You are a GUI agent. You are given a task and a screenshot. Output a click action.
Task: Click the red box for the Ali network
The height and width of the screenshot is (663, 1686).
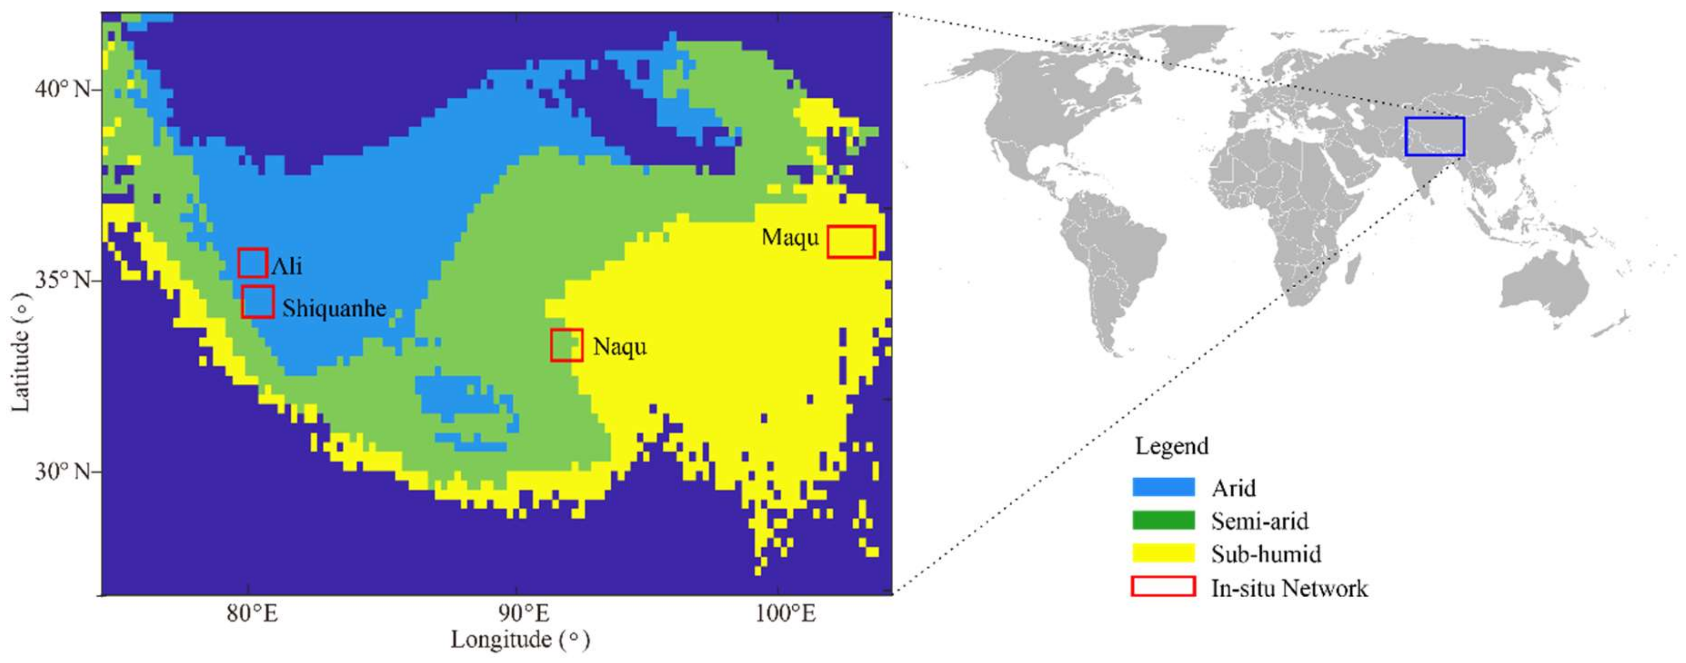point(252,263)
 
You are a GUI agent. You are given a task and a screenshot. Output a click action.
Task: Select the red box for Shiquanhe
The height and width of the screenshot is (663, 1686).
point(257,302)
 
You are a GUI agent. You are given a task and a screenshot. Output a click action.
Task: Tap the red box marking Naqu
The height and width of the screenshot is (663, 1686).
point(566,345)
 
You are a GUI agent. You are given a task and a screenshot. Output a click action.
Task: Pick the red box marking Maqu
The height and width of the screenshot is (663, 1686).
point(851,241)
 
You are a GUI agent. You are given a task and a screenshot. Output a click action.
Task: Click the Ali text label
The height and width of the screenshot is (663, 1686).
point(287,265)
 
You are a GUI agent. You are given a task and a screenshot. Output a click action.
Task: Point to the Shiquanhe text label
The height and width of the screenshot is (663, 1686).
point(334,308)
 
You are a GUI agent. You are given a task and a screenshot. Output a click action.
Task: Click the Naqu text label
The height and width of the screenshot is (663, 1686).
point(619,346)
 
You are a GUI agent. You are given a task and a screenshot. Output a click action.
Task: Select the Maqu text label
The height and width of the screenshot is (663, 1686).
point(790,237)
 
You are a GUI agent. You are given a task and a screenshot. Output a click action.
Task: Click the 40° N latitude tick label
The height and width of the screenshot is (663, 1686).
point(63,88)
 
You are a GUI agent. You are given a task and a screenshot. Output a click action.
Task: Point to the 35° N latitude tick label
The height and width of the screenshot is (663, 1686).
point(63,280)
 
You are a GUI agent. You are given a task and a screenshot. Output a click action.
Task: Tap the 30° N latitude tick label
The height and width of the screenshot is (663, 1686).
point(63,471)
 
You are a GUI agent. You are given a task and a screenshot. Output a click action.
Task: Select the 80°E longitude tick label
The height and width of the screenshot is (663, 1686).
point(252,614)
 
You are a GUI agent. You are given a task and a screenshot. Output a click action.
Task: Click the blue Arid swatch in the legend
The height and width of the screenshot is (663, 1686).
point(1163,487)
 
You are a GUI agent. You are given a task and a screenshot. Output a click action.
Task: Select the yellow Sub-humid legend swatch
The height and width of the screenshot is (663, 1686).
point(1163,554)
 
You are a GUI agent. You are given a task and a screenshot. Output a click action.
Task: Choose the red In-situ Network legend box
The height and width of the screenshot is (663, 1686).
point(1163,587)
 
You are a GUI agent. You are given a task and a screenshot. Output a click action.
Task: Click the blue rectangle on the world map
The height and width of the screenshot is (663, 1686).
point(1434,136)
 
